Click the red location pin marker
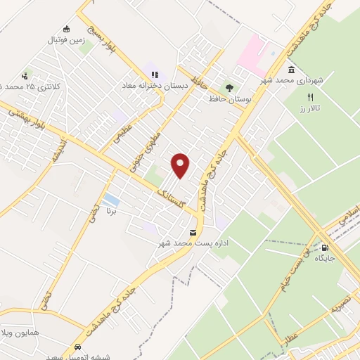(181, 165)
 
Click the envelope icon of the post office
(193, 233)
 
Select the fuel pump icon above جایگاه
(325, 247)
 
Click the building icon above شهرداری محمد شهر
(291, 70)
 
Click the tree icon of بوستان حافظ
(229, 88)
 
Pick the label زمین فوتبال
(65, 40)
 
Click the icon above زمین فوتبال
(67, 29)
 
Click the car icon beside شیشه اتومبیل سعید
(77, 348)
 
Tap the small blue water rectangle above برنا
(110, 200)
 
